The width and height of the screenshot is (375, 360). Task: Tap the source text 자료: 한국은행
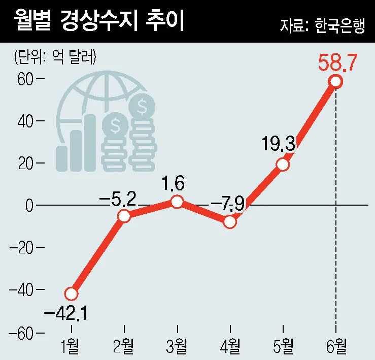pyautogui.click(x=322, y=25)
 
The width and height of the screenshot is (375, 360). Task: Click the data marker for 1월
pyautogui.click(x=71, y=293)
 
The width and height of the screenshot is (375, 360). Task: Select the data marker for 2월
pyautogui.click(x=124, y=216)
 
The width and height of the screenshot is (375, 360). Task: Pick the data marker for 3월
pyautogui.click(x=177, y=202)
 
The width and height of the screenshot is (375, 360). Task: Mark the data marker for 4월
pyautogui.click(x=230, y=222)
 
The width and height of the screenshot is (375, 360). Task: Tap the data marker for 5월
pyautogui.click(x=283, y=165)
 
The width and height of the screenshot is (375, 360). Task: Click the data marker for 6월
pyautogui.click(x=335, y=81)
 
